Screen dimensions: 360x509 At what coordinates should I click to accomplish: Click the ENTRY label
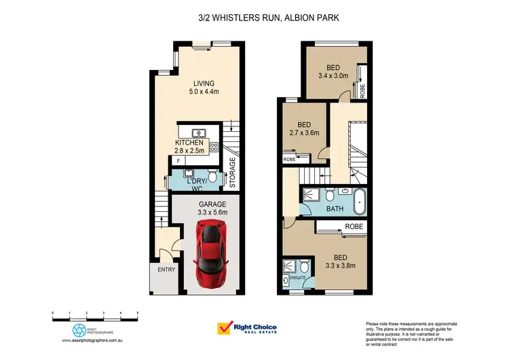pyautogui.click(x=166, y=269)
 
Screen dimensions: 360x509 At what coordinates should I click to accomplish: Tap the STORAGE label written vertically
pyautogui.click(x=232, y=173)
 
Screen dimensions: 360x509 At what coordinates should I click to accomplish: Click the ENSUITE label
pyautogui.click(x=299, y=278)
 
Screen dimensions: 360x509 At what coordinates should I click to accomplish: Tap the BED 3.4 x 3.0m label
pyautogui.click(x=333, y=72)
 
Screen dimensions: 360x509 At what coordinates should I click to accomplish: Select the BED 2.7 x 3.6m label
pyautogui.click(x=305, y=129)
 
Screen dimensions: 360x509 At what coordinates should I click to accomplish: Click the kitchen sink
pyautogui.click(x=200, y=132)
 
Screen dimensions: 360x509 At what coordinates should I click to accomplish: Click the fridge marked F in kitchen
pyautogui.click(x=178, y=161)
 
